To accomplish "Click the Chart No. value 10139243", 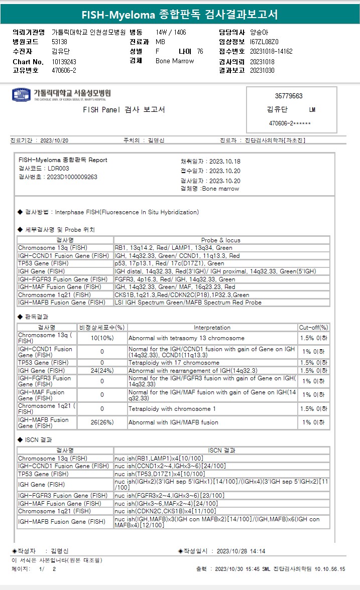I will [64, 61].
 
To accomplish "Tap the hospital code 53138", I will [60, 42].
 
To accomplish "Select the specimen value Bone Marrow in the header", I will [175, 61].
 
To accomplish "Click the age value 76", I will [200, 51].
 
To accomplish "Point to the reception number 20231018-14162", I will [271, 51].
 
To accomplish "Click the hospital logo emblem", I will [21, 95].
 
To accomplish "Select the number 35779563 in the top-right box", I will [289, 96].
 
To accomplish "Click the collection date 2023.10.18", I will [224, 162].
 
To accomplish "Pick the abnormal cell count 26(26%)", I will [102, 422].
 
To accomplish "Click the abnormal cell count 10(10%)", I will [102, 338].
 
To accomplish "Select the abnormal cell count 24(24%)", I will [102, 371].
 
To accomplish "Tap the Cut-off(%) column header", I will [314, 328].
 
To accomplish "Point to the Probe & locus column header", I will [221, 240].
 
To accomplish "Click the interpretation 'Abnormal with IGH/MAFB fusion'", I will [173, 422].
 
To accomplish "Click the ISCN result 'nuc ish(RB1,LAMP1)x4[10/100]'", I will [158, 459].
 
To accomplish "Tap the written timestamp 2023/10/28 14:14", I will [241, 551].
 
